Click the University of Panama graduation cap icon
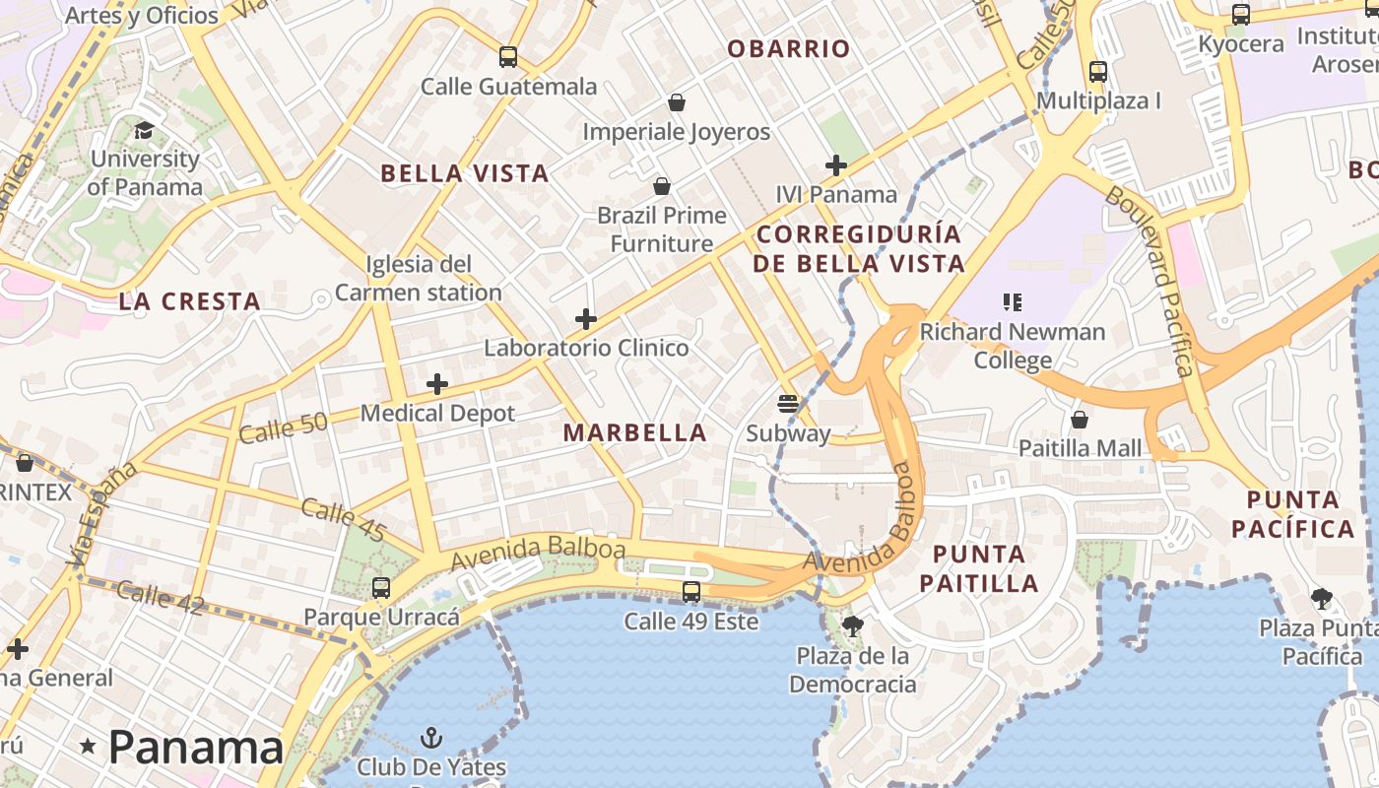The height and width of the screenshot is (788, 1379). coord(144,130)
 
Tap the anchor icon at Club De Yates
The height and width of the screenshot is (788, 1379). coord(430,737)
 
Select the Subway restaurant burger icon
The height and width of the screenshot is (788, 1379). coord(787,403)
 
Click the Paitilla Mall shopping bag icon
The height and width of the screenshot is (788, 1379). coord(1080,420)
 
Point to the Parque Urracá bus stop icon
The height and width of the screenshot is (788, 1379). coord(381,588)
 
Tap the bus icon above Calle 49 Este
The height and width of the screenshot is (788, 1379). coord(691,592)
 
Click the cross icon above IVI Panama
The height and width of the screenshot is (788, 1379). coord(835,165)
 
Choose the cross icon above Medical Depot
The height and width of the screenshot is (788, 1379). coord(437,384)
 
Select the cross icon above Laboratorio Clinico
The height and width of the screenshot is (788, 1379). coord(586,319)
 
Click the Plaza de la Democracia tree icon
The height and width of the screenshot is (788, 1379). coord(853,626)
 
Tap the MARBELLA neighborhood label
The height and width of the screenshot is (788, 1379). coord(635,432)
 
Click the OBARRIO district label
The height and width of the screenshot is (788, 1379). coord(788,49)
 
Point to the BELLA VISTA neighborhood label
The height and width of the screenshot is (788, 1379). coord(464,174)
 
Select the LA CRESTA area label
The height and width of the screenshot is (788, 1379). coord(190,302)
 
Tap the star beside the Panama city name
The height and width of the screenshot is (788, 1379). coord(88,747)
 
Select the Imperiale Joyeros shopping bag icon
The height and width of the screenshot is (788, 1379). coord(677,102)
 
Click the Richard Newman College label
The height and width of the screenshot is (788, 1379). coord(1013,346)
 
